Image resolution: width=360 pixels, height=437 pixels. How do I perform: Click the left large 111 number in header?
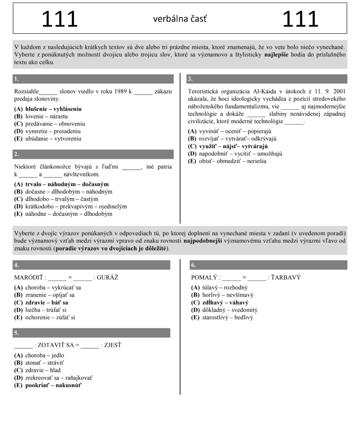coord(60,19)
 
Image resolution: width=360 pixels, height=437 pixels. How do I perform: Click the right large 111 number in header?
coord(300,19)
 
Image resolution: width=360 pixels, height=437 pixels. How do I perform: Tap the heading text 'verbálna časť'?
coord(180,19)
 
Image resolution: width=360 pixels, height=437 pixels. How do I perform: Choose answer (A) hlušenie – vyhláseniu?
coord(48,109)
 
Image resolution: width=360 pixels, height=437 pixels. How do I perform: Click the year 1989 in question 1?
coord(119,91)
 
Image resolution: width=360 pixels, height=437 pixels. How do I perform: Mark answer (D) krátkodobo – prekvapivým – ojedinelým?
coord(70,206)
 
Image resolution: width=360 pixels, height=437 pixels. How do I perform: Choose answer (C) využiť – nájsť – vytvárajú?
coord(228,146)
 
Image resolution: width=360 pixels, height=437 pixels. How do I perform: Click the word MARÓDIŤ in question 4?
coord(29,277)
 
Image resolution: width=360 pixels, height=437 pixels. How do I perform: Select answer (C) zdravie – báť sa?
coord(41,303)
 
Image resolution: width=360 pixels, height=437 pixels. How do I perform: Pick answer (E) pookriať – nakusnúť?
coord(48,385)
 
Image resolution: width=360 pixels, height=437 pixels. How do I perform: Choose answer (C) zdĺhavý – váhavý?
coord(220,303)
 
